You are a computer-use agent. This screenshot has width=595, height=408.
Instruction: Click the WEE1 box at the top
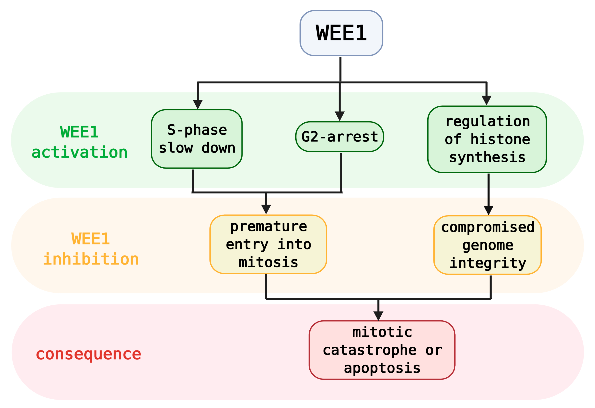coord(341,33)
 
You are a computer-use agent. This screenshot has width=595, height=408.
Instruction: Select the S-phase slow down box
coord(197,139)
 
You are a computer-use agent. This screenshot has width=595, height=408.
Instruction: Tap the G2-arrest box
coord(340,137)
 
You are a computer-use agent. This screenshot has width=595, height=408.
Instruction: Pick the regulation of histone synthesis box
coord(487,139)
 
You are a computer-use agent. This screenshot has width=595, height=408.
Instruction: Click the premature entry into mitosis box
coord(268,244)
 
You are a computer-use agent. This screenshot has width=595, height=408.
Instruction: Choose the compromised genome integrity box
coord(487,245)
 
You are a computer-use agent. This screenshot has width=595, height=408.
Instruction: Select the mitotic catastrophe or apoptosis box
coord(382,350)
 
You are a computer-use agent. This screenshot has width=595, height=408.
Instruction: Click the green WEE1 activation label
coord(79,142)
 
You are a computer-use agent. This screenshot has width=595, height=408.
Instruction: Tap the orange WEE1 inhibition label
coord(91,249)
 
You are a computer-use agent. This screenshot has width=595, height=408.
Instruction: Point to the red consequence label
coord(89,354)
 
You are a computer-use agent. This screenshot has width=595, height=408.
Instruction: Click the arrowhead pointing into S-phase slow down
coord(198,104)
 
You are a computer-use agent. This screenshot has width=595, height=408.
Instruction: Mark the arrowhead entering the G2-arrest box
coord(340,116)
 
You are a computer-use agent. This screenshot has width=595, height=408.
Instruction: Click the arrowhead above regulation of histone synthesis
coord(486,100)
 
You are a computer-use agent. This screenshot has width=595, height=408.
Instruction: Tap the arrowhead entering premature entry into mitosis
coord(266,209)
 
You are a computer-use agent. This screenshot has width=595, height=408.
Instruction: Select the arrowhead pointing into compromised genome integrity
coord(489,210)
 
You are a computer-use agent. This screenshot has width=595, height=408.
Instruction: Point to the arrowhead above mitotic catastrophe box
coord(378,316)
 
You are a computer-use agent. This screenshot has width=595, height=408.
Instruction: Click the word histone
coord(500,139)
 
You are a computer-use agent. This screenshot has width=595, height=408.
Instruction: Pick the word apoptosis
coord(382,368)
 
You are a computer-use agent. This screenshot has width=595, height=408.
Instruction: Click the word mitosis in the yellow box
coord(268,262)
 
